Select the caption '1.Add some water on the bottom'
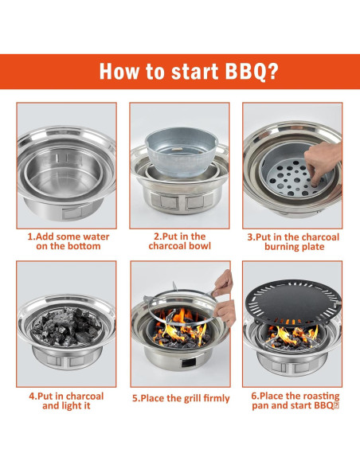tap(68, 241)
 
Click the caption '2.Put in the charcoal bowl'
tap(178, 241)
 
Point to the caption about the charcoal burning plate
tap(292, 241)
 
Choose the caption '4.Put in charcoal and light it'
tap(68, 401)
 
